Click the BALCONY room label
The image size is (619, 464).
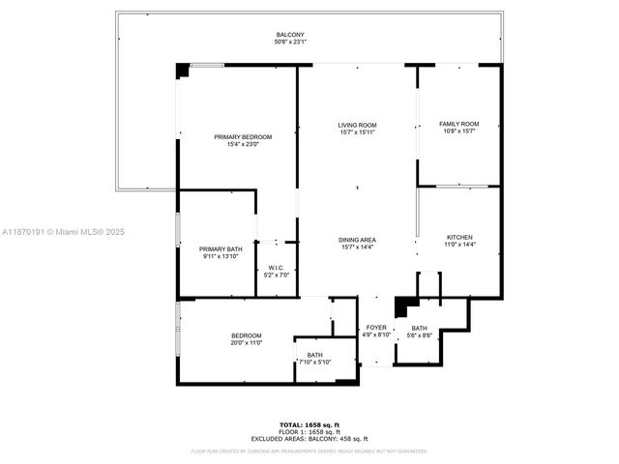tap(290, 35)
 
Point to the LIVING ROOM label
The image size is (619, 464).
tap(357, 126)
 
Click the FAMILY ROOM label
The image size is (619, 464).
tap(458, 124)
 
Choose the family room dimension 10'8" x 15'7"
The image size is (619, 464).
tap(458, 131)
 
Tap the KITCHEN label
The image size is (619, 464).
tap(459, 238)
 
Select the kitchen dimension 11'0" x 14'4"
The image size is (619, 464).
tap(459, 246)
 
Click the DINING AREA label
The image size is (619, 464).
tap(357, 239)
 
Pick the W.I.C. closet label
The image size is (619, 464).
tap(277, 268)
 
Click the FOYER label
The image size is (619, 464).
tap(376, 328)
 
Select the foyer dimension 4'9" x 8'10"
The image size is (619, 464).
tap(376, 335)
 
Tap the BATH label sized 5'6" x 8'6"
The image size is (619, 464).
tap(418, 328)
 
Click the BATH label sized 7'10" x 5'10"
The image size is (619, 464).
tap(315, 355)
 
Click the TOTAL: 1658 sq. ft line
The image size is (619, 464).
tap(309, 424)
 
